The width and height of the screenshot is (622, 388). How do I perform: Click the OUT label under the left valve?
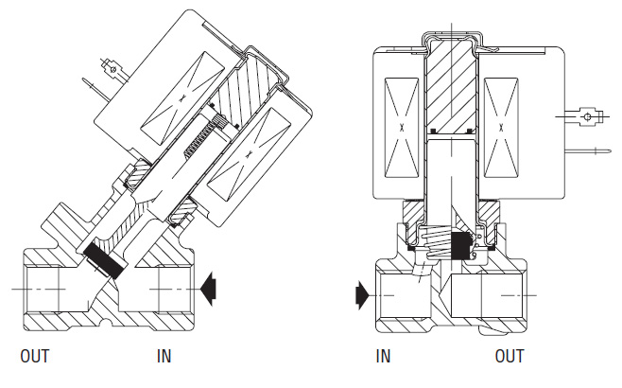click(35, 356)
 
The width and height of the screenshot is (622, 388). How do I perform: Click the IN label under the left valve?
click(164, 356)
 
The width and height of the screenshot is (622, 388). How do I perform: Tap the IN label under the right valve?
click(383, 356)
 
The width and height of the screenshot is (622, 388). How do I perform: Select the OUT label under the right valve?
click(510, 356)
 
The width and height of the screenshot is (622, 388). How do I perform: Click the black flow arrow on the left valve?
click(208, 289)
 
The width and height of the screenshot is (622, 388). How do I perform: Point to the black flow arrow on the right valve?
click(363, 295)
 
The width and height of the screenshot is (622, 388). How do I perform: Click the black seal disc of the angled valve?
click(105, 260)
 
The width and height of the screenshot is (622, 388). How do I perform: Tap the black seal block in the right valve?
click(460, 246)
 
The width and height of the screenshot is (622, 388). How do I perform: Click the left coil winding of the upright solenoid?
click(402, 128)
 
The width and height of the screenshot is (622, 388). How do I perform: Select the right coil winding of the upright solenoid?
click(501, 128)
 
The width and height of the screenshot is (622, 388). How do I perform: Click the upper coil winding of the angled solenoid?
click(181, 98)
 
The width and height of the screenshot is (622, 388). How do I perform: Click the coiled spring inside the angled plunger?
click(202, 136)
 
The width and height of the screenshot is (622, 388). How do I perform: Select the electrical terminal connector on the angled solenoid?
click(114, 70)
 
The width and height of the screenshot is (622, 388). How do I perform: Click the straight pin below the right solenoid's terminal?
click(588, 150)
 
